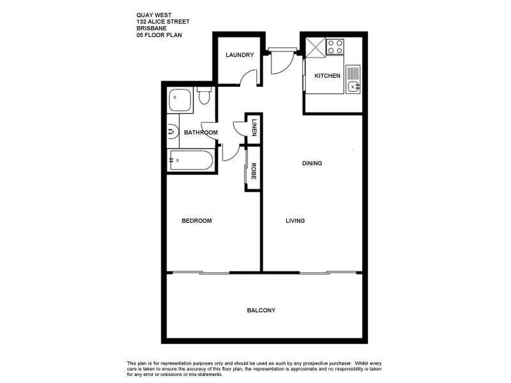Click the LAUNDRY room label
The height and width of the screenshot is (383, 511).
tap(240, 55)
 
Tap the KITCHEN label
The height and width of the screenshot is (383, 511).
tap(328, 76)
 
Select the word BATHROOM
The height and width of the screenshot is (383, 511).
tap(201, 133)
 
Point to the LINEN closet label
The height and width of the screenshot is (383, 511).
tap(254, 126)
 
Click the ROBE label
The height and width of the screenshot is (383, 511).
tap(254, 170)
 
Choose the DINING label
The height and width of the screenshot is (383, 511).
tap(312, 163)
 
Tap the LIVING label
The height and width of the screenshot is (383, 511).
tap(294, 221)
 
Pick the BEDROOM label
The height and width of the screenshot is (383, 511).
tap(196, 221)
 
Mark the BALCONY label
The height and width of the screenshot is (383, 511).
tap(261, 310)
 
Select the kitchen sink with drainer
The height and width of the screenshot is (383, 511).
tap(353, 79)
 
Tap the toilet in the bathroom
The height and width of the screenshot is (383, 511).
tap(204, 97)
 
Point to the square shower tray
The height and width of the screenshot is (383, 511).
tap(179, 100)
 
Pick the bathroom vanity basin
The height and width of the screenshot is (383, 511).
tap(171, 132)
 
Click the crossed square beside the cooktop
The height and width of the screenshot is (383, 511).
tap(315, 47)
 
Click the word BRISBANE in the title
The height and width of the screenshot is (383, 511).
tap(150, 28)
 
